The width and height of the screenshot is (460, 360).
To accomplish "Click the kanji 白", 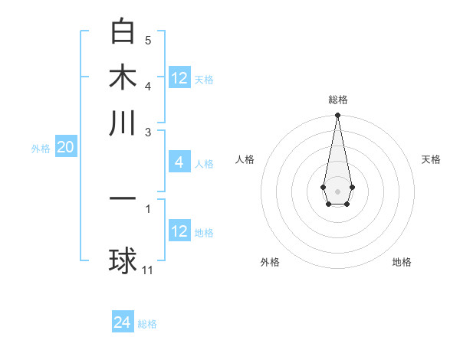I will click(123, 31).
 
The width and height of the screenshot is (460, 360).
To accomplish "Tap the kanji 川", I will click(123, 123).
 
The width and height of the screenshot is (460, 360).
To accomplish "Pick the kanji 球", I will click(123, 261).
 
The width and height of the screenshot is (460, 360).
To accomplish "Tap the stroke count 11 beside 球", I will click(148, 270).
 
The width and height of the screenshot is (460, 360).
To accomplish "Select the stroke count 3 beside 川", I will click(148, 132).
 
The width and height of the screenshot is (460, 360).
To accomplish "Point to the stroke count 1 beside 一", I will click(148, 208).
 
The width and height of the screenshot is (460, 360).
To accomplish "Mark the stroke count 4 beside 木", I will click(148, 86).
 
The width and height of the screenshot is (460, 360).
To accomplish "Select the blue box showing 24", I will click(123, 323).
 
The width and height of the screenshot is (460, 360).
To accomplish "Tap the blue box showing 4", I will click(179, 162).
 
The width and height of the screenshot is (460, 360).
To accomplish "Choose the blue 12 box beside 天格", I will click(179, 78).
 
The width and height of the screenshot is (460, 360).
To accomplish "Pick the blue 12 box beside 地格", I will click(179, 231).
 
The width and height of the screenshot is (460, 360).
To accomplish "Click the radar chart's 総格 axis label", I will click(337, 100).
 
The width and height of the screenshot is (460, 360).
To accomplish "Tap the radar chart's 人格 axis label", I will click(245, 159).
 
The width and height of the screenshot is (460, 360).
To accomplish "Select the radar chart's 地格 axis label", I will click(402, 263).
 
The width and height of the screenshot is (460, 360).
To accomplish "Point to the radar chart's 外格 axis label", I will click(270, 263).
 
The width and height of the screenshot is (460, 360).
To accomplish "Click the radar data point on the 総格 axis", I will click(337, 116).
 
